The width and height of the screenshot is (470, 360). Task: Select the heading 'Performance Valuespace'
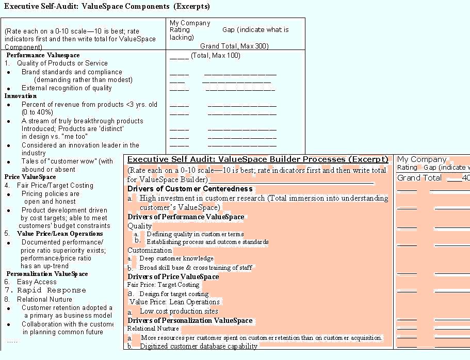[x=43, y=55]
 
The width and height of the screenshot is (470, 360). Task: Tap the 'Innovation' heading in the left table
[x=21, y=96]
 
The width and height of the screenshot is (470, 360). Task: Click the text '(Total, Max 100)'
[x=215, y=56]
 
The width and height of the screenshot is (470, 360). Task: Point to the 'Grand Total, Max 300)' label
[x=234, y=46]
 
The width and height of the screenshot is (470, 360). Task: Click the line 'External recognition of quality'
[x=67, y=88]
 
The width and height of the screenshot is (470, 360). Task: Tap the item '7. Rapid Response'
[x=45, y=290]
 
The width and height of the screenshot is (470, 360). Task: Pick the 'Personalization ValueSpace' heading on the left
[x=47, y=274]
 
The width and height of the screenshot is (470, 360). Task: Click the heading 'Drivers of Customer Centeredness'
[x=190, y=189]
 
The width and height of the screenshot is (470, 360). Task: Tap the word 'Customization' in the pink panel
[x=150, y=251]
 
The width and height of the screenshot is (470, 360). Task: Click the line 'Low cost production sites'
[x=179, y=312]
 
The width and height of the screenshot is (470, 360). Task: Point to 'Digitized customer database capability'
[x=198, y=347]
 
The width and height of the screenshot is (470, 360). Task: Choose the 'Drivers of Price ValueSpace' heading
[x=173, y=277]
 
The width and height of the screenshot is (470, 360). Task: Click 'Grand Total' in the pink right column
[x=419, y=178]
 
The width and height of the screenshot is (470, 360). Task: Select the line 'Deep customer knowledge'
[x=176, y=258]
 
